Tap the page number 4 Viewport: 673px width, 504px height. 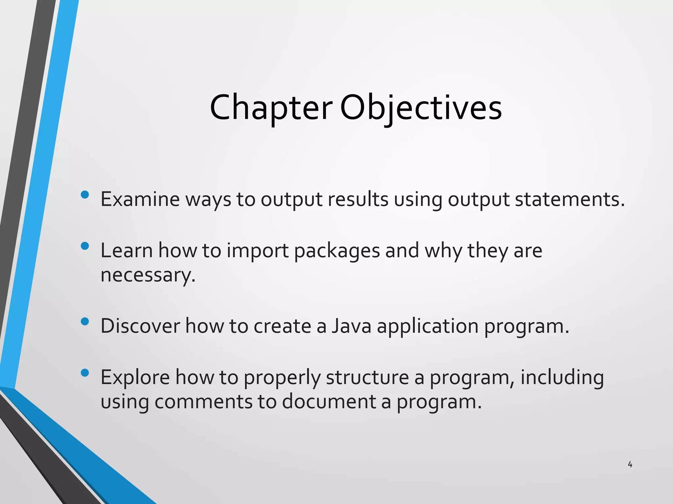(x=630, y=465)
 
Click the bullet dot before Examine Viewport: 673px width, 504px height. (x=85, y=195)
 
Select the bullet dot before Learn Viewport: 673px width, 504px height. (x=85, y=246)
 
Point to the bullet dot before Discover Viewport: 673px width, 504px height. (x=85, y=322)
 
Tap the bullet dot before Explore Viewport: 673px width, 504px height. (x=85, y=373)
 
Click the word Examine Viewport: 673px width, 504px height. (x=140, y=199)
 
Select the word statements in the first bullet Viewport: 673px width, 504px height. (x=569, y=199)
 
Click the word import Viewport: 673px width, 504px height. (x=258, y=251)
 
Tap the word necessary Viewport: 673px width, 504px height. (x=148, y=275)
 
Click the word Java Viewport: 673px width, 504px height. (x=351, y=326)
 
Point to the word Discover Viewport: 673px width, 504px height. (x=140, y=326)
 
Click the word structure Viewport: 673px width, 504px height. (x=367, y=377)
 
